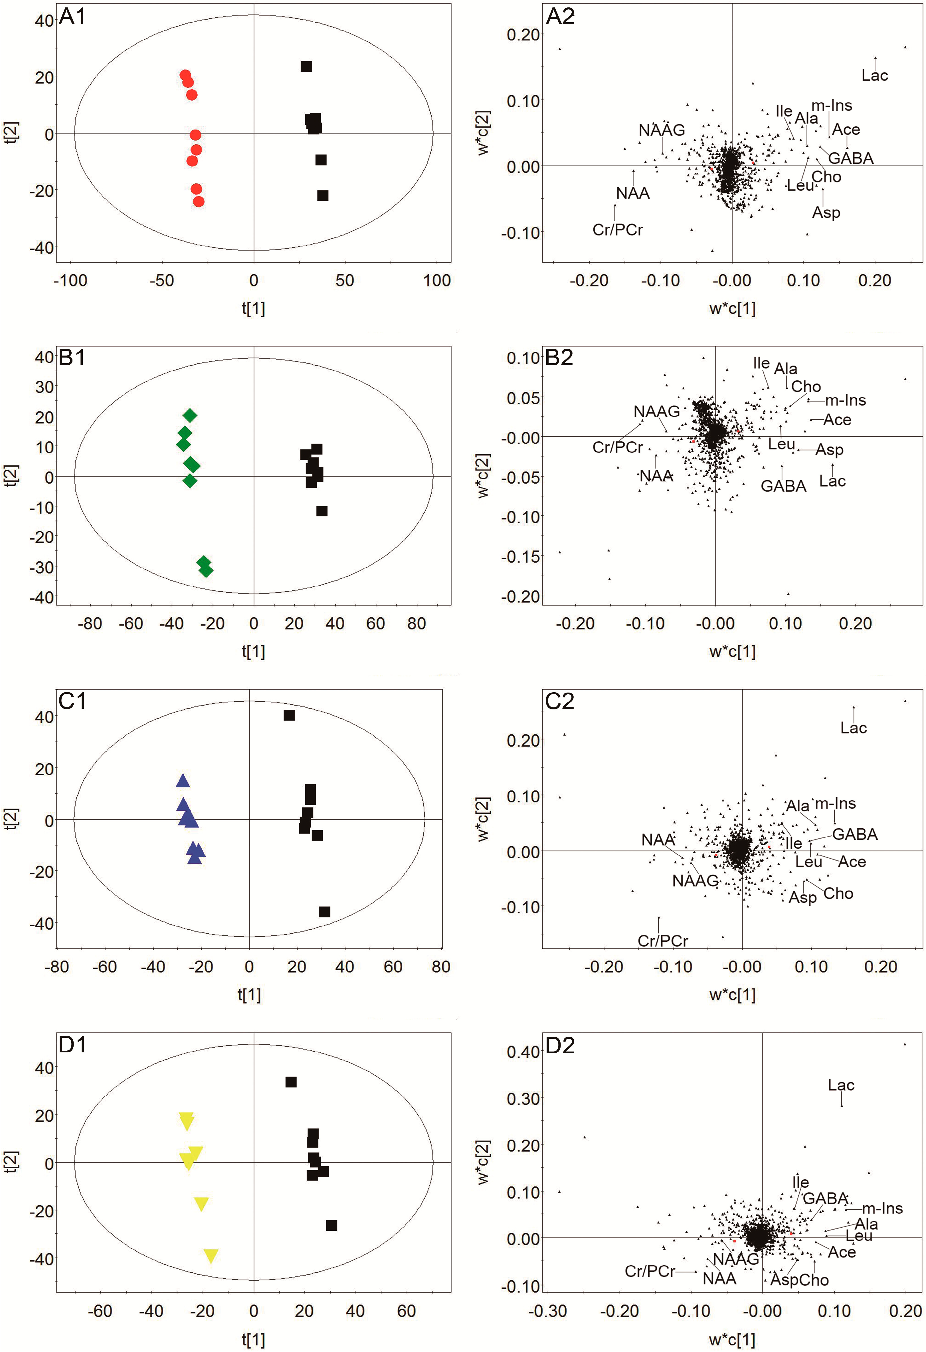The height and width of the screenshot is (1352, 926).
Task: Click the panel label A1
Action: coord(73,17)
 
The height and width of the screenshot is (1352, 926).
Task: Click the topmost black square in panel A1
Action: coord(306,66)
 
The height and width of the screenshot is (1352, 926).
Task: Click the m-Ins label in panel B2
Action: coord(845,400)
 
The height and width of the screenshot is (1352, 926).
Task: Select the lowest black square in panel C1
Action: coord(325,912)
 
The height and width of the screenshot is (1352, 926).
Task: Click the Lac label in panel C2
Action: coord(853,728)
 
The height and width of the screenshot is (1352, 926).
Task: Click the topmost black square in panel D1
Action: coord(291,1082)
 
